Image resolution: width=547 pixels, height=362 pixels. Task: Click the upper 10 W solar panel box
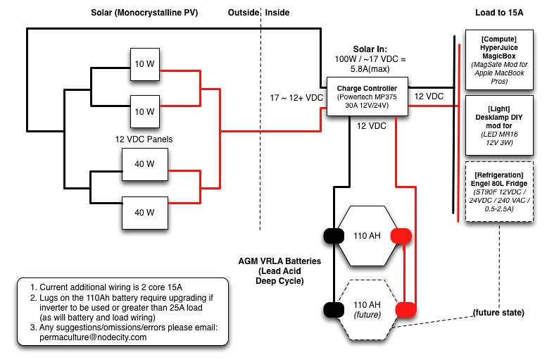tap(144, 64)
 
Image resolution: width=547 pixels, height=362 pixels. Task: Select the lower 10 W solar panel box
tap(144, 111)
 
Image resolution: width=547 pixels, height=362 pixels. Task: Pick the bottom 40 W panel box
tap(144, 212)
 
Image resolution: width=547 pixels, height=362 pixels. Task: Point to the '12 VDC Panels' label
tap(144, 139)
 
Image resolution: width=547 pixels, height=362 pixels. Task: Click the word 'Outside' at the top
tap(242, 13)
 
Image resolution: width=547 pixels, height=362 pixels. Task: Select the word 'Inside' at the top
tap(276, 13)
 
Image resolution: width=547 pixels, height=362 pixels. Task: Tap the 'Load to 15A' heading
tap(498, 13)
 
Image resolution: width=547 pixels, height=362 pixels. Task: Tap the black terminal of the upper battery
tap(333, 235)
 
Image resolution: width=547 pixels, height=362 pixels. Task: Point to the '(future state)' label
tap(498, 311)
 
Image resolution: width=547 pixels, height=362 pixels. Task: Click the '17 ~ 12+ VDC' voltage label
tap(296, 97)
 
